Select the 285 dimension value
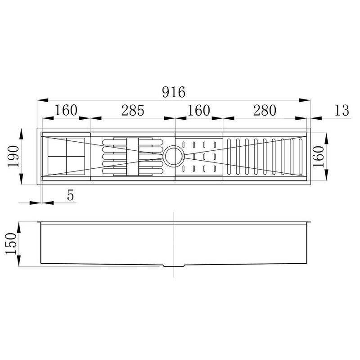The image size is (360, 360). coord(132,110)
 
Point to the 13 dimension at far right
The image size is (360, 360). coord(342,110)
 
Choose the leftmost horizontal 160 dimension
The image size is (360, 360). coord(66,110)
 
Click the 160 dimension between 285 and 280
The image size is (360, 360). coord(199,110)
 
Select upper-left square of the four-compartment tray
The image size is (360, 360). coord(57,146)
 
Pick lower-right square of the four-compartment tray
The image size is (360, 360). coord(76,165)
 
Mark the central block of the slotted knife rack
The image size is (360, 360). coord(133,156)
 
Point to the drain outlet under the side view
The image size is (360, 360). coord(173,266)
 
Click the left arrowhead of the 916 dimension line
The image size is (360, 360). coord(40,100)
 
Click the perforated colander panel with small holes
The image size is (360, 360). coord(200,156)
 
